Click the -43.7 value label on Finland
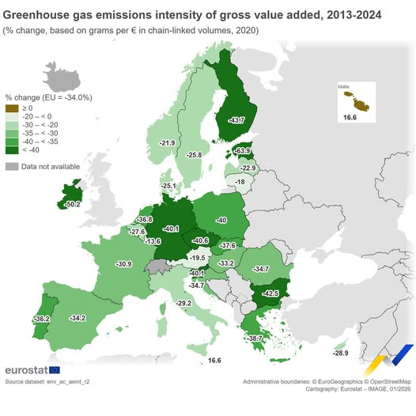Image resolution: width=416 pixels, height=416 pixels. pyautogui.click(x=236, y=120)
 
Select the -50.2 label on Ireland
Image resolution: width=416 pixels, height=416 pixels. pyautogui.click(x=74, y=204)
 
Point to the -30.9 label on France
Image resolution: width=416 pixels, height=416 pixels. pyautogui.click(x=123, y=263)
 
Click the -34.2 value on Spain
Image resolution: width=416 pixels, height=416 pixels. pyautogui.click(x=78, y=318)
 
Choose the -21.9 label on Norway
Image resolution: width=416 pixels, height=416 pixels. pyautogui.click(x=167, y=143)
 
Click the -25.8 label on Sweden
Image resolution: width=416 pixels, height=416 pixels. pyautogui.click(x=195, y=155)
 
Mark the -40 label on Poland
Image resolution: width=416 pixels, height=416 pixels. pyautogui.click(x=221, y=220)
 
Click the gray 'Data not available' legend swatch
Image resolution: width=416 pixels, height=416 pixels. pyautogui.click(x=11, y=166)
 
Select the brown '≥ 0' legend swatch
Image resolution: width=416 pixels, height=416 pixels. pyautogui.click(x=11, y=107)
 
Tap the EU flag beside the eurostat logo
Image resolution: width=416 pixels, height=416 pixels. pyautogui.click(x=55, y=370)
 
